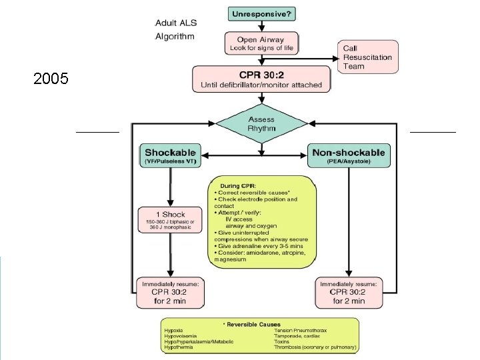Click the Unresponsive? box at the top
point(261,13)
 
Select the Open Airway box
point(261,43)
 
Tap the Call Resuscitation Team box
point(369,57)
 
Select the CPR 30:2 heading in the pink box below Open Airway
point(261,73)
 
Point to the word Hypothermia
point(180,347)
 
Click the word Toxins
point(283,342)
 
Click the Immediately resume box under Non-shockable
point(349,293)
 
